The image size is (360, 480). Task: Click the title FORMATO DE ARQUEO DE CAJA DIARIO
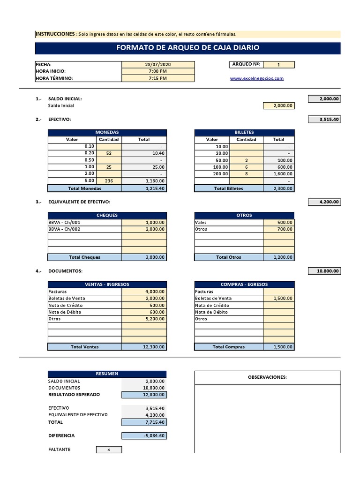(x=187, y=48)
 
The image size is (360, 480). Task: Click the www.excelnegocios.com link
(x=256, y=78)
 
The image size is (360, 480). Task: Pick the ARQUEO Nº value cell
(x=278, y=65)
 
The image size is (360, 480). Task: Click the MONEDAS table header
(x=107, y=133)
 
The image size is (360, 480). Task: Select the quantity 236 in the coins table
(x=109, y=181)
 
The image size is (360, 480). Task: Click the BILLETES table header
(x=244, y=133)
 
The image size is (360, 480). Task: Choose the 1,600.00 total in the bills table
(x=278, y=173)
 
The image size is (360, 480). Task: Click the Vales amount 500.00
(x=278, y=223)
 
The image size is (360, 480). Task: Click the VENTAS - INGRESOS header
(x=107, y=285)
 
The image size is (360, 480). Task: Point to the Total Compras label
(x=228, y=347)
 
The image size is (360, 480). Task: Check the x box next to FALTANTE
(x=109, y=450)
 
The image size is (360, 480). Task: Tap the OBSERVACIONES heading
(x=267, y=377)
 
